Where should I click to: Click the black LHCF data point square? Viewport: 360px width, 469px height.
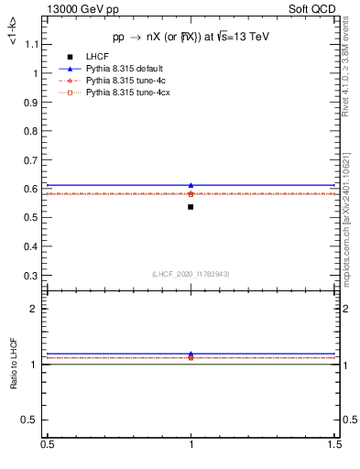(191, 207)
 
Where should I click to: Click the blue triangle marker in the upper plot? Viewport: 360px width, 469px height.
(191, 185)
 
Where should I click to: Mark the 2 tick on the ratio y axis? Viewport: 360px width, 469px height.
(38, 309)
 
